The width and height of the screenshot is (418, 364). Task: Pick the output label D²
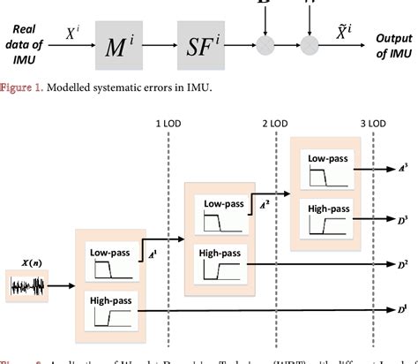click(x=402, y=263)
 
